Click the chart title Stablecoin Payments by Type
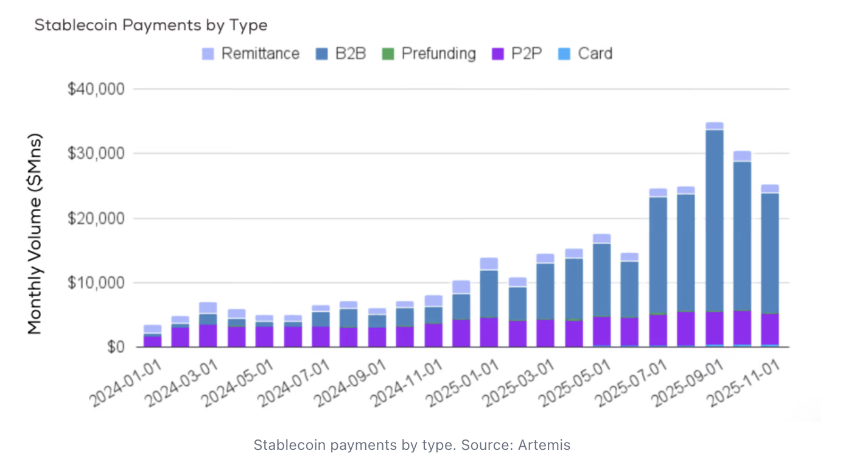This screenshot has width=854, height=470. [x=150, y=26]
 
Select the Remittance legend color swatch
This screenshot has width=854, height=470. [x=208, y=54]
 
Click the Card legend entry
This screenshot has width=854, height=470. [x=585, y=54]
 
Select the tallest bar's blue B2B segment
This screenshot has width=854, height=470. [x=714, y=219]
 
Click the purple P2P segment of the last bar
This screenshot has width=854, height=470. [x=770, y=329]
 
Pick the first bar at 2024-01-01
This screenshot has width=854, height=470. [x=153, y=338]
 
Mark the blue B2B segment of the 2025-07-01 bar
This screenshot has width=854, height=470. [x=658, y=256]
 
